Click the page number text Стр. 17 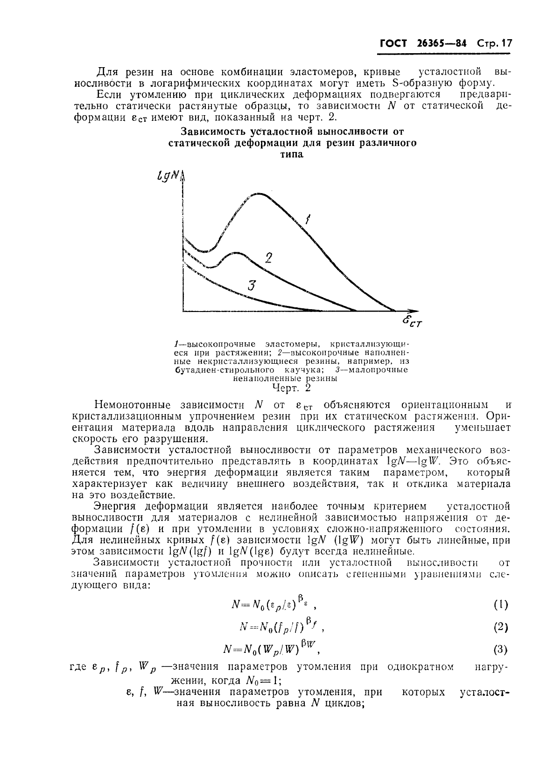494,44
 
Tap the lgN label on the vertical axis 169,176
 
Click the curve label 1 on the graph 308,219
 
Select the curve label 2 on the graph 268,258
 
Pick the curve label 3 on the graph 252,285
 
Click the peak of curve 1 258,194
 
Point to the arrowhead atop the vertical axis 182,174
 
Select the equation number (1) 500,605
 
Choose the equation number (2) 500,627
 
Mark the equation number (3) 500,649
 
